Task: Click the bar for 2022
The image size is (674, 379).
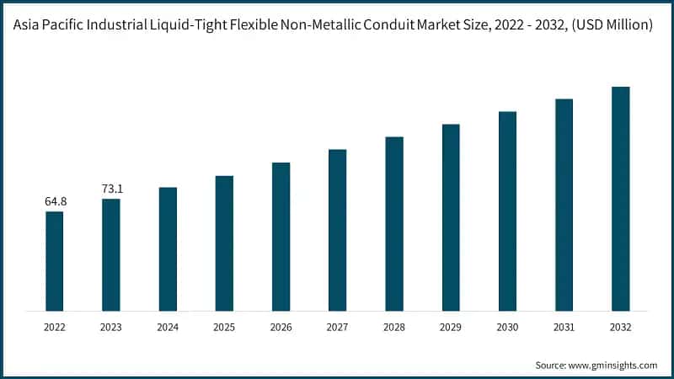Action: click(x=54, y=261)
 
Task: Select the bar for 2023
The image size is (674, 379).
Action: click(x=110, y=255)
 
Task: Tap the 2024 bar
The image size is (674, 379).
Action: click(x=168, y=249)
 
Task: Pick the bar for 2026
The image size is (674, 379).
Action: click(x=281, y=237)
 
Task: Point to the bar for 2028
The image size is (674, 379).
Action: click(x=394, y=224)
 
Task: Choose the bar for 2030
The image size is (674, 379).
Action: click(x=507, y=211)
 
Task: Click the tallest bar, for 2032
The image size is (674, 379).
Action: click(x=621, y=199)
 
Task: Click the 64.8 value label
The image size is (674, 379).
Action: click(x=55, y=202)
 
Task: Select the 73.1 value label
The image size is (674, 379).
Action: click(x=111, y=189)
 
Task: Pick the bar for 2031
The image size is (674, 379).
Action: click(x=564, y=205)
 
